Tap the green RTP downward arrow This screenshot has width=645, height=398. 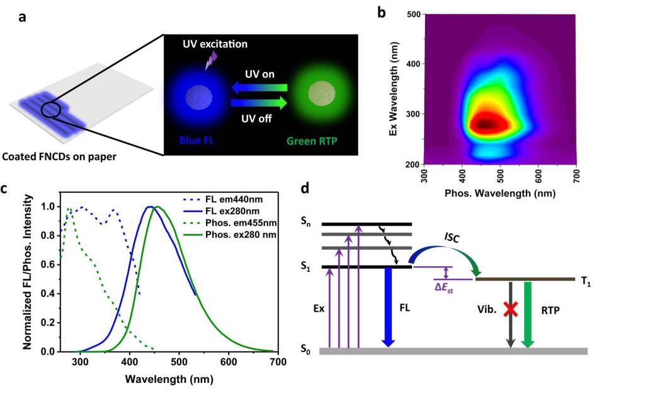click(528, 312)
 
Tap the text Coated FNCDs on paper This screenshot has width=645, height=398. click(60, 156)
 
